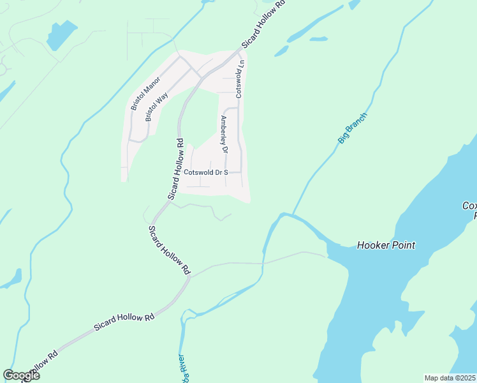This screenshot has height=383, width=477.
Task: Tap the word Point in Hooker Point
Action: pyautogui.click(x=403, y=245)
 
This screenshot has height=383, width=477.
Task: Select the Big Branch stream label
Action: pyautogui.click(x=352, y=128)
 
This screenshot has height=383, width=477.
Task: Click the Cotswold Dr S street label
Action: pyautogui.click(x=205, y=172)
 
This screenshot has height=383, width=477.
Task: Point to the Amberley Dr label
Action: pyautogui.click(x=224, y=134)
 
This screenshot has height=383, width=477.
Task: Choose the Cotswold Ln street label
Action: pyautogui.click(x=240, y=79)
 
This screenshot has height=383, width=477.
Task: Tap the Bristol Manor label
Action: pyautogui.click(x=145, y=94)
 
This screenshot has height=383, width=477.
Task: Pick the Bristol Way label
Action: pyautogui.click(x=156, y=105)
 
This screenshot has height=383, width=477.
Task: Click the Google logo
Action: pyautogui.click(x=21, y=375)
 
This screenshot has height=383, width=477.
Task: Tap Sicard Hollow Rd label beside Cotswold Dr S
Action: pyautogui.click(x=176, y=169)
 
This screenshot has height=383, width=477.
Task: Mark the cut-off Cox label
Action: pyautogui.click(x=469, y=206)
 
